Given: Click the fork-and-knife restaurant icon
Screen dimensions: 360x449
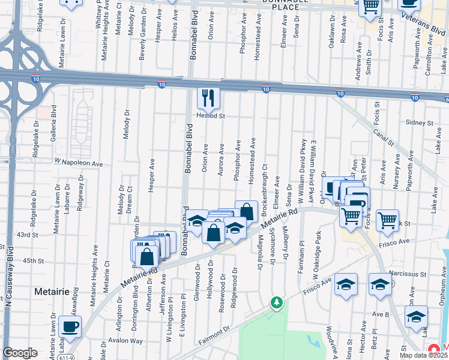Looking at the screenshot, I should (x=208, y=98).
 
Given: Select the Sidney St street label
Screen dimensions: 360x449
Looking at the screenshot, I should (x=420, y=122).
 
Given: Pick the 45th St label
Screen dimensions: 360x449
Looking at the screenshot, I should (x=33, y=261).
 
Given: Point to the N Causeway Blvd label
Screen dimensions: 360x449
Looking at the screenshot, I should (x=10, y=277).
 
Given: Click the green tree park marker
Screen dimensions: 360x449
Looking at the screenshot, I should (x=276, y=302).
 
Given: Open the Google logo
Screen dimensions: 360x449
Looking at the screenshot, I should (x=20, y=352).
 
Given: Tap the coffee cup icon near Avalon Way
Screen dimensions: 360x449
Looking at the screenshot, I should (x=70, y=327).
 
